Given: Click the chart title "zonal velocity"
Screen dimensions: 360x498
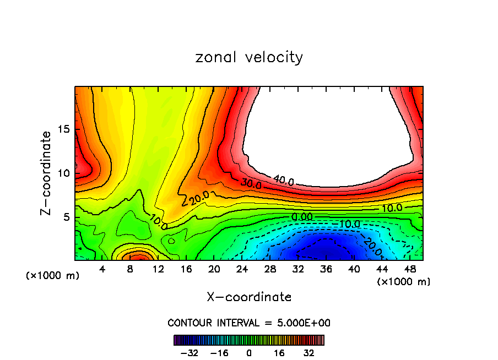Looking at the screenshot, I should [x=249, y=57].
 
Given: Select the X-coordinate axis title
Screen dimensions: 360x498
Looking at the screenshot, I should [x=249, y=297].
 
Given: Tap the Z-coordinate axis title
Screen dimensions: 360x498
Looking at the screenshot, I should [x=46, y=172].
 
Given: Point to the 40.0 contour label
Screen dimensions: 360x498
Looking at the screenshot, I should [x=283, y=180].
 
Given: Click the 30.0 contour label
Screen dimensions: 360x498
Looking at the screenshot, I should [x=251, y=182].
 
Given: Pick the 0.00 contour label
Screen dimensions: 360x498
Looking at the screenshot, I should [x=301, y=217].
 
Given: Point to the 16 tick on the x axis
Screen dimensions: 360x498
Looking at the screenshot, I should [x=186, y=270].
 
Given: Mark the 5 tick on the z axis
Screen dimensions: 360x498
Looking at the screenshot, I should [x=66, y=217].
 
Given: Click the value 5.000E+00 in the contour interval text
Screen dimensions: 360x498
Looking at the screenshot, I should [x=304, y=323].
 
